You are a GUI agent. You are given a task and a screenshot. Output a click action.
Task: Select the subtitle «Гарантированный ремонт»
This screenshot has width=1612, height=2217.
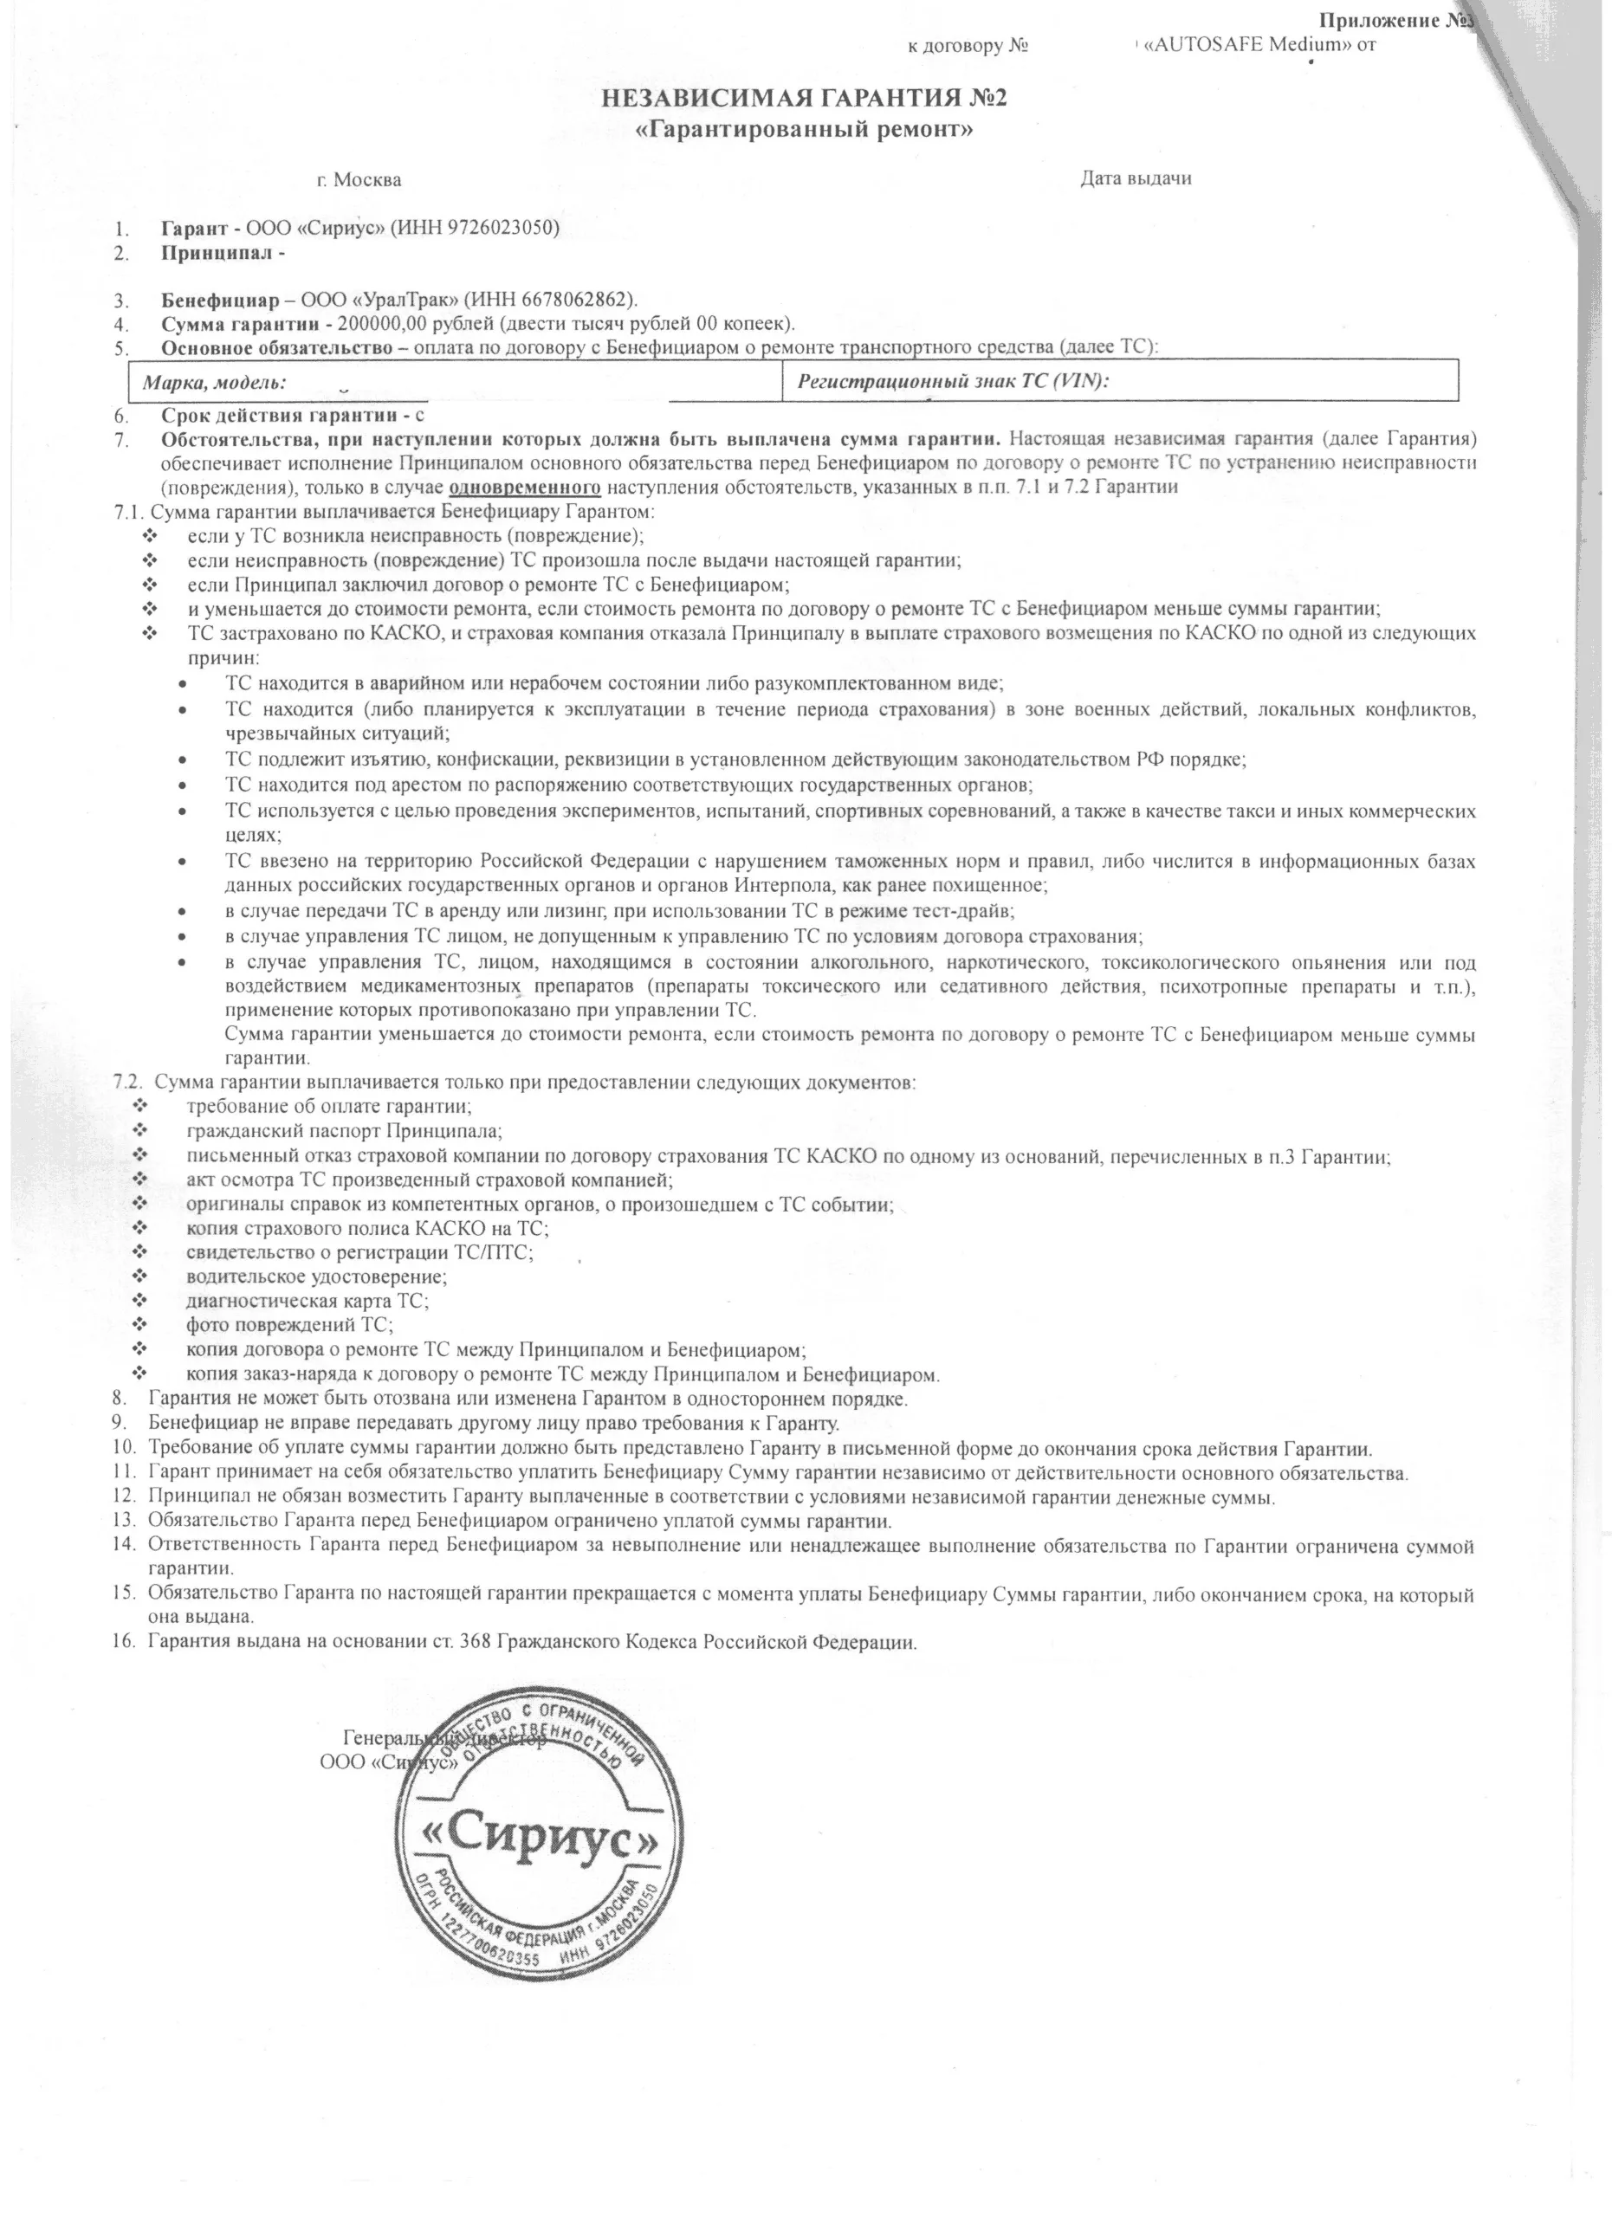point(805,130)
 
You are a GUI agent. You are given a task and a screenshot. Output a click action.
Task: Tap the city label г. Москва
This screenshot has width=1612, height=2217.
point(359,180)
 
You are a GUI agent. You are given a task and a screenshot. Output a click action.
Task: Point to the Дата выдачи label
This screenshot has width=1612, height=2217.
point(1135,179)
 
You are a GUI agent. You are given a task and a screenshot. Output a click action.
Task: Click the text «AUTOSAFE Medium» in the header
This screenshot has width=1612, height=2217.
point(1245,45)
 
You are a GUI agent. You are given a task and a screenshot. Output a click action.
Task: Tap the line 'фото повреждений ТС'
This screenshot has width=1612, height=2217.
point(289,1326)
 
